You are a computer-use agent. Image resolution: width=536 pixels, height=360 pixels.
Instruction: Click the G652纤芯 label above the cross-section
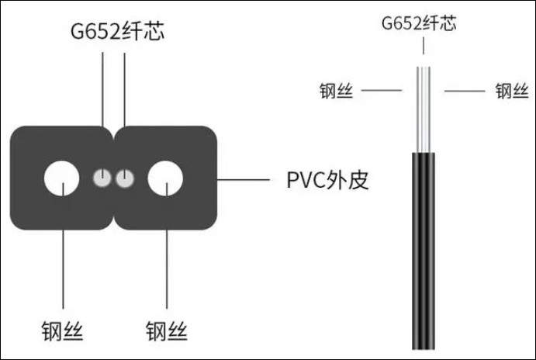click(117, 32)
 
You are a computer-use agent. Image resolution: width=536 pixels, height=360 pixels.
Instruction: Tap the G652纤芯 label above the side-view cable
click(419, 24)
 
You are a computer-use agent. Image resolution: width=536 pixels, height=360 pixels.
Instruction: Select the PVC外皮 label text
click(327, 180)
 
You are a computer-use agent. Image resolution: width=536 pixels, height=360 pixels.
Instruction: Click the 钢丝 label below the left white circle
click(62, 331)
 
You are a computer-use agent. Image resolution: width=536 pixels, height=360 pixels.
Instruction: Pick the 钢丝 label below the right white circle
click(167, 331)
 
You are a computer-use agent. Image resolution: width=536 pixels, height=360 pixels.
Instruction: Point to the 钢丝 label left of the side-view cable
click(336, 91)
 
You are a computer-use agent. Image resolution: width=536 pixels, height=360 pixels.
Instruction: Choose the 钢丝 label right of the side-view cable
click(512, 91)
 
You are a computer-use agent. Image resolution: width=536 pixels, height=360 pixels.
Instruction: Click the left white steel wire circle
click(62, 178)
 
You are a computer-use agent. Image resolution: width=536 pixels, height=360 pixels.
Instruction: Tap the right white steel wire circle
click(165, 178)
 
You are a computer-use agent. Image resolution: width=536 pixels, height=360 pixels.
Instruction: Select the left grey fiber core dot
click(102, 178)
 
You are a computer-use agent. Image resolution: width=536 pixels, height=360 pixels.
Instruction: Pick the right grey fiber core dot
click(125, 178)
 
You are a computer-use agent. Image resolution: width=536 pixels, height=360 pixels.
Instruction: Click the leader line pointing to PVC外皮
click(244, 179)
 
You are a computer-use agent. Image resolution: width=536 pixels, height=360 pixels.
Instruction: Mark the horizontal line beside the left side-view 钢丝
click(382, 91)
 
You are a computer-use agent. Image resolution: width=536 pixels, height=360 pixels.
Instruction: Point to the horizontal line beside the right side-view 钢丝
click(465, 91)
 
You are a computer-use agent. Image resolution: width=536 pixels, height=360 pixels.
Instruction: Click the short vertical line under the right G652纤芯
click(424, 46)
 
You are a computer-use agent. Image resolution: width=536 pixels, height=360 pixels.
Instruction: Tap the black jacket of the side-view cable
click(424, 251)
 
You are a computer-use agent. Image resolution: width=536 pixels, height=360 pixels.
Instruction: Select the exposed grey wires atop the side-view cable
click(424, 109)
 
